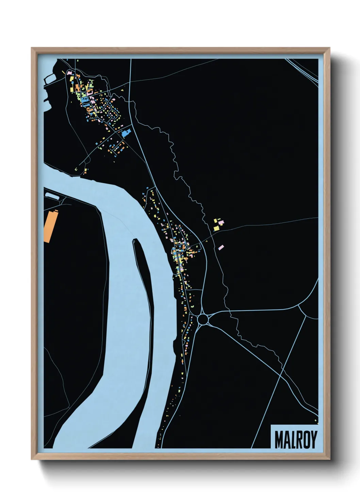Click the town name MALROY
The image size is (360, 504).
click(x=295, y=439)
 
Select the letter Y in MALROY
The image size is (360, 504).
click(x=313, y=440)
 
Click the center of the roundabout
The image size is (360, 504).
click(x=203, y=319)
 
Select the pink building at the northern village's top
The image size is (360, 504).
click(x=69, y=73)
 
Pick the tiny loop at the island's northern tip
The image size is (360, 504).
click(x=134, y=241)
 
